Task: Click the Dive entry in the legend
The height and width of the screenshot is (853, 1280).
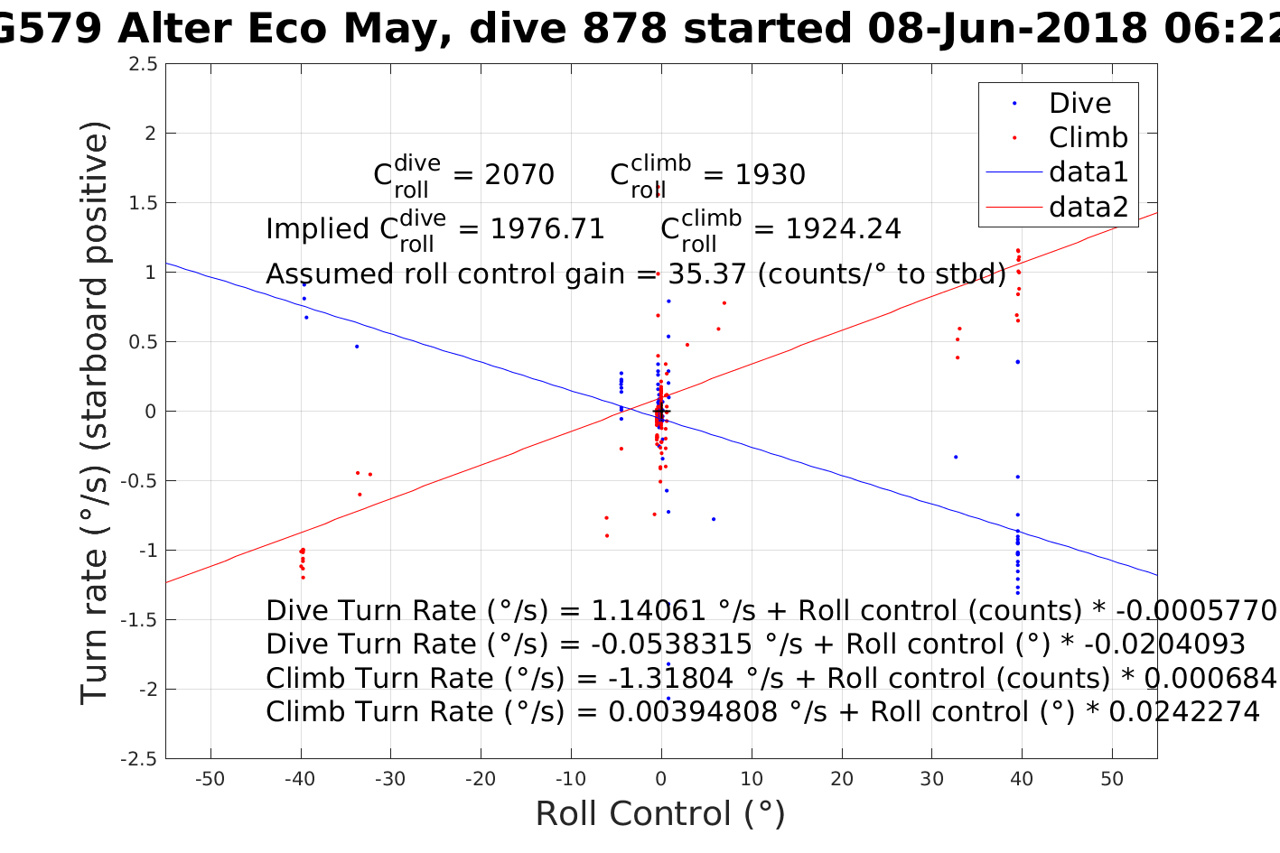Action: click(x=1079, y=104)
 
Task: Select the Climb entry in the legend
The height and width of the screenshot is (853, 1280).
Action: click(x=1088, y=138)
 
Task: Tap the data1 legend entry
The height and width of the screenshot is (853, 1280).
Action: click(x=1088, y=172)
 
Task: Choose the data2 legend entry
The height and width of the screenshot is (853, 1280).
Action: click(x=1088, y=207)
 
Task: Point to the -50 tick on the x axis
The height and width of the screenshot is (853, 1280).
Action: click(x=210, y=779)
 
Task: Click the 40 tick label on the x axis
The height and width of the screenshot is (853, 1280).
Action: click(x=1022, y=779)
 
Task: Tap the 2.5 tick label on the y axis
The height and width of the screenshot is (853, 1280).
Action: click(x=143, y=64)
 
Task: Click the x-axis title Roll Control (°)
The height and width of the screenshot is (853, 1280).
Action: click(x=660, y=814)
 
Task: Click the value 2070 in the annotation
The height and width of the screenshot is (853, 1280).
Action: click(x=519, y=174)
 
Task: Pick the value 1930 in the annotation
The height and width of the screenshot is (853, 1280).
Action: click(x=770, y=174)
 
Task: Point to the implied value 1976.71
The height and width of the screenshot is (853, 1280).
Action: click(x=547, y=229)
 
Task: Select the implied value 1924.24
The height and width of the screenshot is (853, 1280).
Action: click(x=843, y=229)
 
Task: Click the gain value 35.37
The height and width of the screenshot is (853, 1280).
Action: click(x=707, y=274)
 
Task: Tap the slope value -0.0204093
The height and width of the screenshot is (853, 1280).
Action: click(x=1164, y=644)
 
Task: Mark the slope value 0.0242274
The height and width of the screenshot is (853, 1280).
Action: click(x=1183, y=712)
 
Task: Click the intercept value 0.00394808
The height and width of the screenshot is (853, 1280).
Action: click(x=693, y=712)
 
